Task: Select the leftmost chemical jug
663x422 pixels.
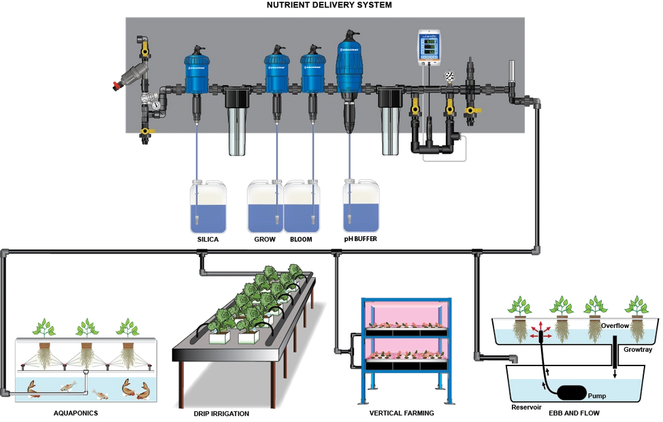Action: point(208,207)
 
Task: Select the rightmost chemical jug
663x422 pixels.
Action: point(361,207)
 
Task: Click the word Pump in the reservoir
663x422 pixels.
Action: point(596,395)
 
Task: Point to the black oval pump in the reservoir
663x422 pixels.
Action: point(568,393)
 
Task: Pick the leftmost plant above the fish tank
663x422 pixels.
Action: point(45,327)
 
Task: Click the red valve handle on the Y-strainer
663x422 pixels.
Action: point(115,84)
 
